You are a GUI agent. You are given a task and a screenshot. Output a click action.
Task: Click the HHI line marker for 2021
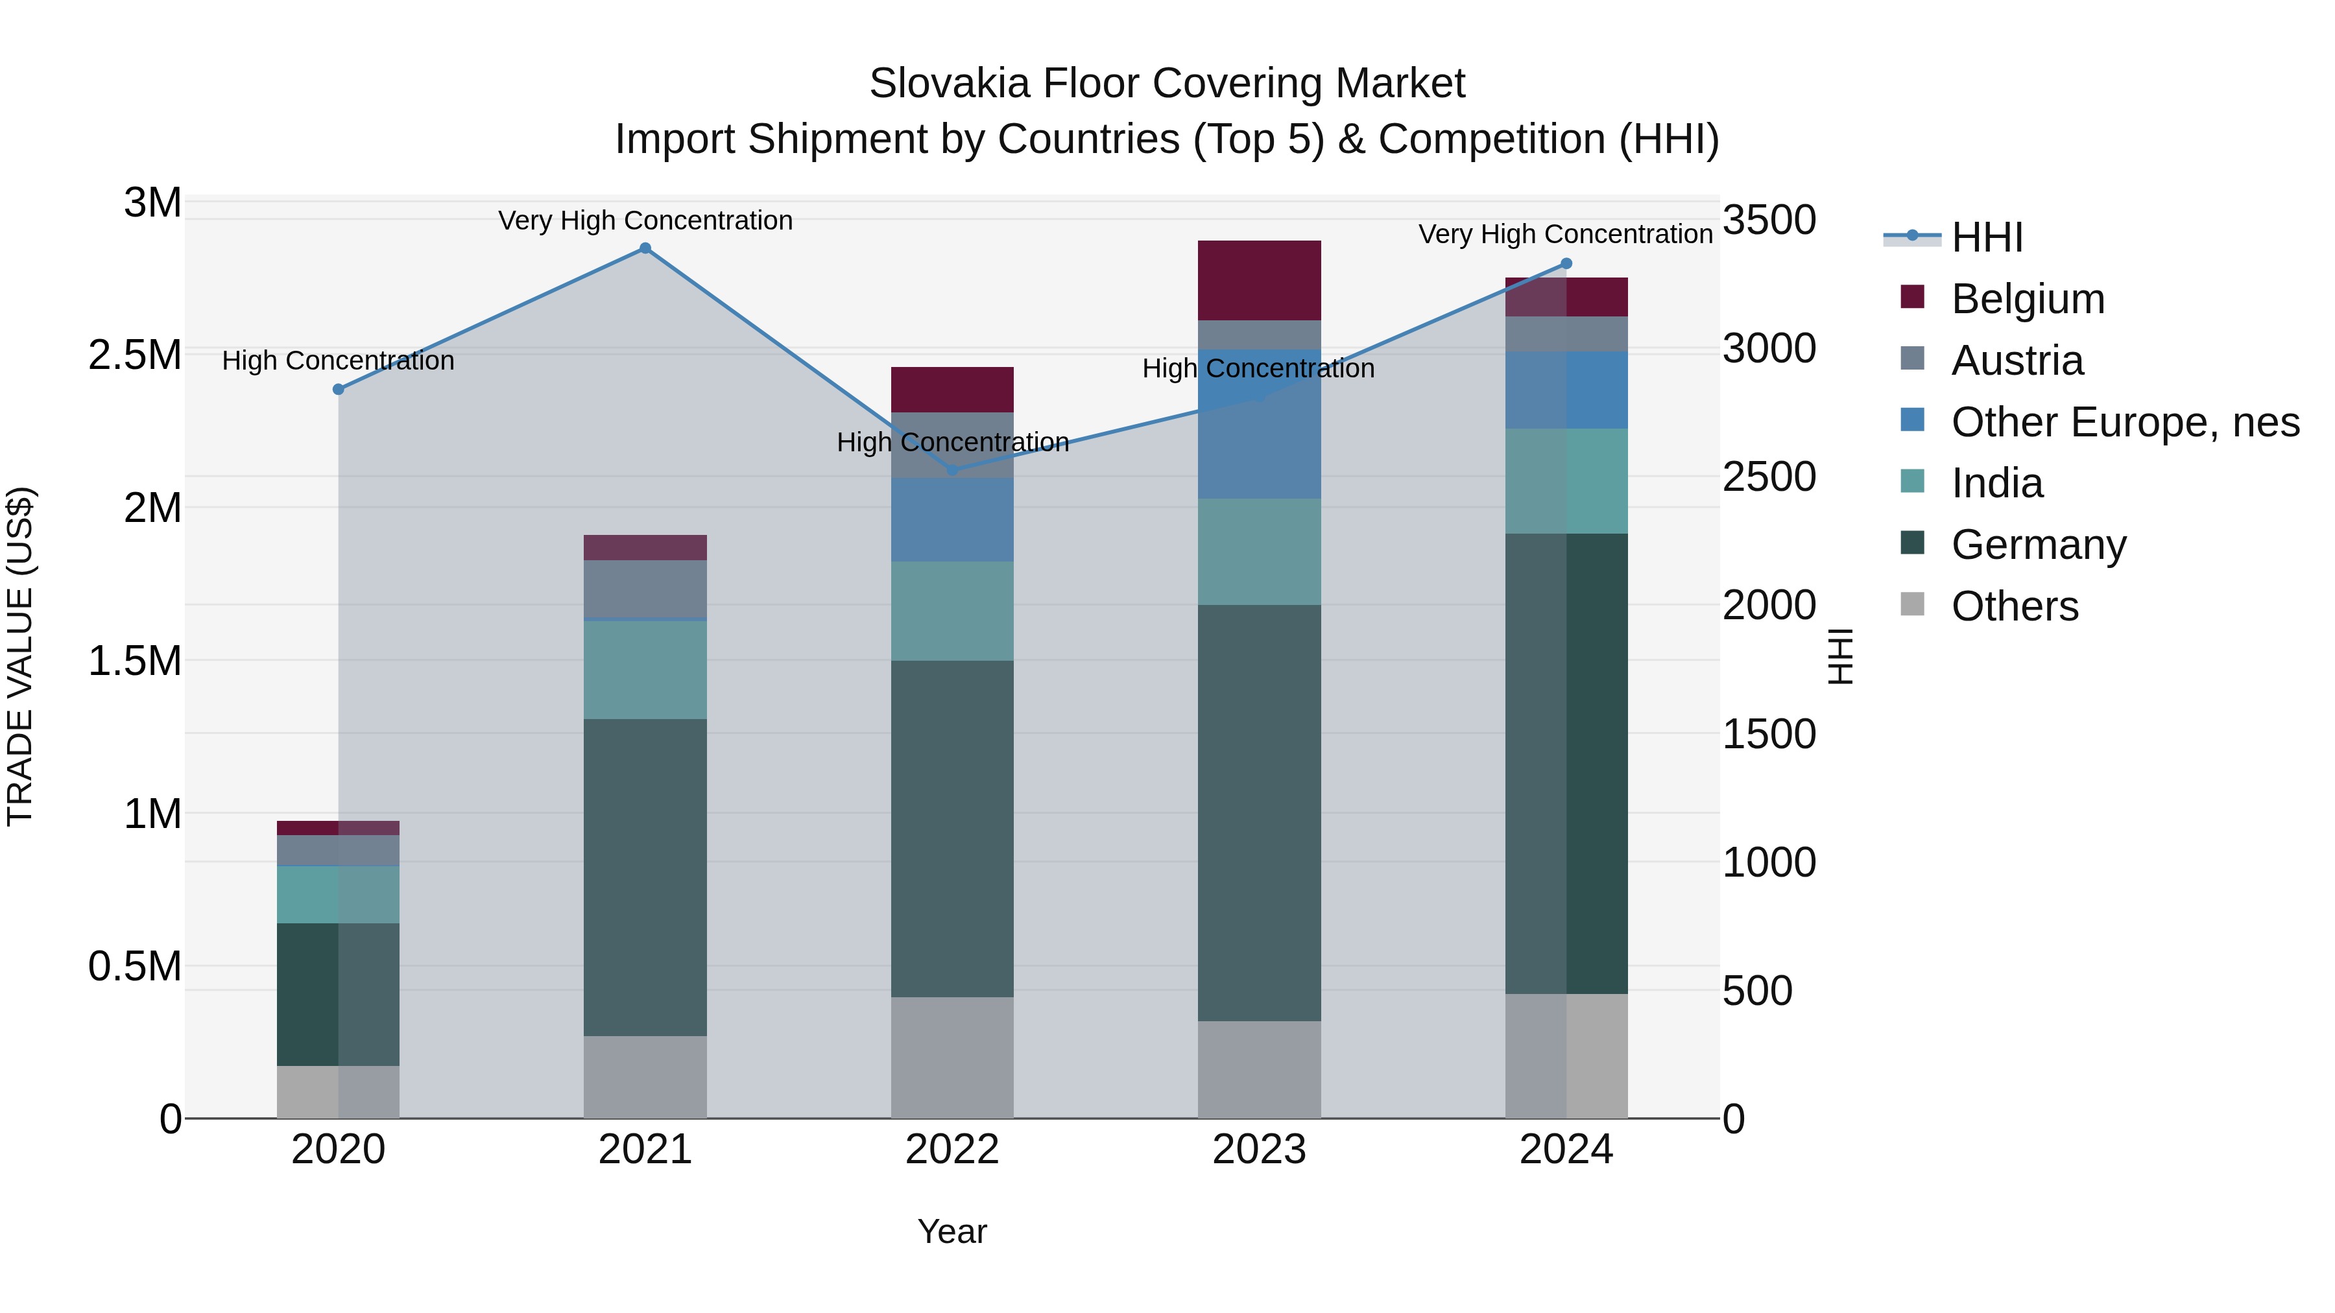645,248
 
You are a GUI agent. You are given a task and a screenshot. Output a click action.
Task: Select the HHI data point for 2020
338,389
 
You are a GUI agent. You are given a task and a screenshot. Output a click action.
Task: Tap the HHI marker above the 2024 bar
1566,264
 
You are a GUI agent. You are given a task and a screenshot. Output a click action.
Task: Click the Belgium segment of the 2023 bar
1258,280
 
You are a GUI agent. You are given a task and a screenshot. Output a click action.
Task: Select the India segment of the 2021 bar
645,670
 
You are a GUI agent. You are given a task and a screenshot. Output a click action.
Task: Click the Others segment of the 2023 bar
1258,1069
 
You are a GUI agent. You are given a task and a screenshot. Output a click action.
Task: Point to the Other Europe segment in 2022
952,519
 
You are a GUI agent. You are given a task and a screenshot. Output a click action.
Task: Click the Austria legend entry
2017,361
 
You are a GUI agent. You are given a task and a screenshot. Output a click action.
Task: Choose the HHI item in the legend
1986,237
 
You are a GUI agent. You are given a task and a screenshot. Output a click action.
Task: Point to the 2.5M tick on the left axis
135,355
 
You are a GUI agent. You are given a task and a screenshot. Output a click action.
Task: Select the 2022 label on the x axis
952,1150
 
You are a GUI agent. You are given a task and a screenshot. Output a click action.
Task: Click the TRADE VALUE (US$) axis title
20,656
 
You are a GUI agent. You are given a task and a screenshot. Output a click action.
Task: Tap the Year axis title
952,1231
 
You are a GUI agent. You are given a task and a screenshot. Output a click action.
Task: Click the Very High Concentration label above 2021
645,220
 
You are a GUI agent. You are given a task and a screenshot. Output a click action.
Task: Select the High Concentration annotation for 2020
338,361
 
